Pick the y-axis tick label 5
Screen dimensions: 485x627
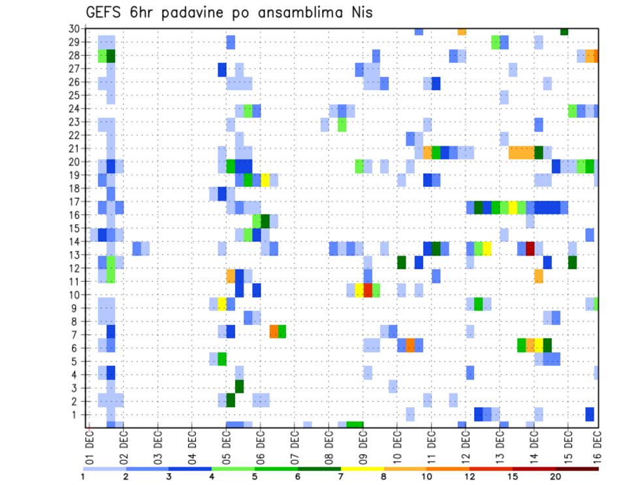coord(76,361)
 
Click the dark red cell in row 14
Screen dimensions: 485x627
coord(530,248)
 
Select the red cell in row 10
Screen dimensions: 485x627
coord(368,290)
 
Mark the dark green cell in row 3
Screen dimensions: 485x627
coord(239,386)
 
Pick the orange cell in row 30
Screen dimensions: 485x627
coord(462,31)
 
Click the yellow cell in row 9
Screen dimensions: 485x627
coord(222,304)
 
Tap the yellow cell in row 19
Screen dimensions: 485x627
coord(265,180)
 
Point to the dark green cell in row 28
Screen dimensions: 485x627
coord(111,56)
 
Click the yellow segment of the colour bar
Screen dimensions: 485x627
coord(362,469)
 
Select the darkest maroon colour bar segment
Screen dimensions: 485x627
coord(577,469)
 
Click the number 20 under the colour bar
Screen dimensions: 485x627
coord(555,477)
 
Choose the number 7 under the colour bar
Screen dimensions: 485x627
coord(341,477)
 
